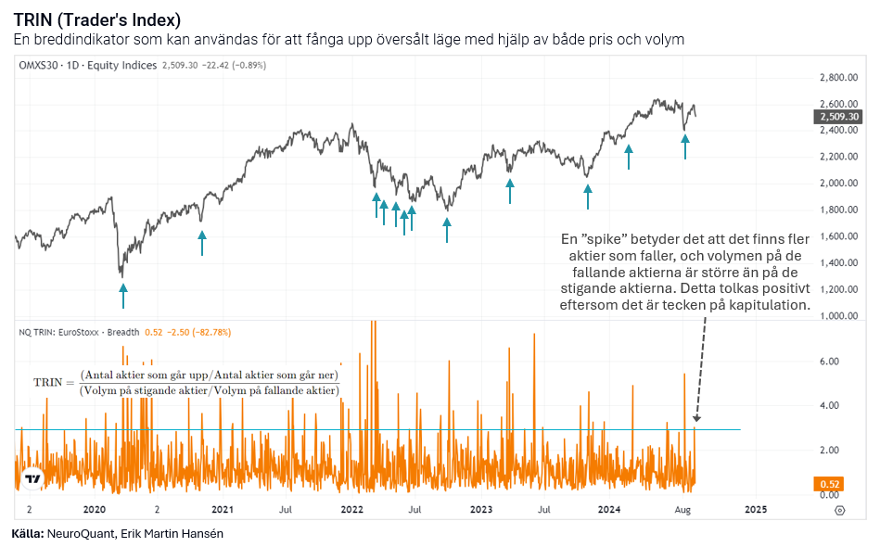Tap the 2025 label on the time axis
click(756, 510)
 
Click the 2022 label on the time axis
click(351, 510)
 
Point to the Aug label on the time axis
click(682, 510)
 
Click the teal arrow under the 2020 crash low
click(123, 295)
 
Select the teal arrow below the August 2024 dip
click(685, 146)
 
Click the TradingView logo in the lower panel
click(33, 480)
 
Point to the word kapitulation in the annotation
click(770, 305)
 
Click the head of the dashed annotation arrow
click(695, 422)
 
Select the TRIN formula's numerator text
click(209, 375)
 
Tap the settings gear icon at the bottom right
click(839, 510)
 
